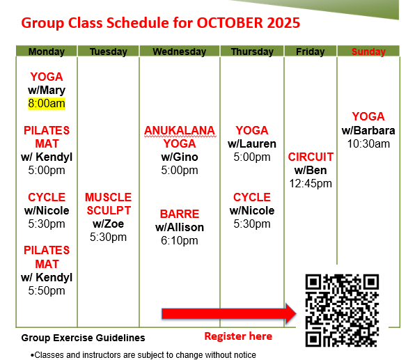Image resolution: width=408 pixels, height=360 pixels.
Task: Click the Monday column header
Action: click(x=47, y=52)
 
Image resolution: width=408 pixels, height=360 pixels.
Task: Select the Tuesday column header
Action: click(x=109, y=52)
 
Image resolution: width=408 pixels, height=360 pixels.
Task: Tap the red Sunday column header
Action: click(x=368, y=52)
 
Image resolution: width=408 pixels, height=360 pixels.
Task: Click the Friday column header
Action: click(x=311, y=52)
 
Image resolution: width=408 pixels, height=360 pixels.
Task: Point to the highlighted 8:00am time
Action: click(x=47, y=104)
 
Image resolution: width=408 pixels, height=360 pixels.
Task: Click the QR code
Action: click(x=342, y=310)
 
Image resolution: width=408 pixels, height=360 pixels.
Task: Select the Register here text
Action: click(x=238, y=336)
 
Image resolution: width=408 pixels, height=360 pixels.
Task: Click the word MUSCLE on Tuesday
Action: click(x=108, y=197)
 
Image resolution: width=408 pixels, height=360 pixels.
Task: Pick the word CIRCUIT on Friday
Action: click(x=311, y=157)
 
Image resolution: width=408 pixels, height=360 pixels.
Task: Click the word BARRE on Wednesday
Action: click(x=180, y=214)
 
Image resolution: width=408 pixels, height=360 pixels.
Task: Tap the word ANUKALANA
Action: click(x=180, y=130)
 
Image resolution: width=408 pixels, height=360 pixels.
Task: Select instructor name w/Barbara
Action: click(x=368, y=130)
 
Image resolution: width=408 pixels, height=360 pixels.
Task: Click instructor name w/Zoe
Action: click(x=108, y=224)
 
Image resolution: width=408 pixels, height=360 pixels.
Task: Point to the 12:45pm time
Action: click(x=311, y=184)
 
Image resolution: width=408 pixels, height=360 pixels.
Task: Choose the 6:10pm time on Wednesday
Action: click(x=180, y=241)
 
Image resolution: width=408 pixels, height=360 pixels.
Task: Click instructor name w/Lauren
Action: click(x=252, y=143)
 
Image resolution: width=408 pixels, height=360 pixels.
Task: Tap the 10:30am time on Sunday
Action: click(x=368, y=143)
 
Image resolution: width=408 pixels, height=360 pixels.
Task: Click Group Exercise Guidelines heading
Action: click(x=84, y=338)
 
